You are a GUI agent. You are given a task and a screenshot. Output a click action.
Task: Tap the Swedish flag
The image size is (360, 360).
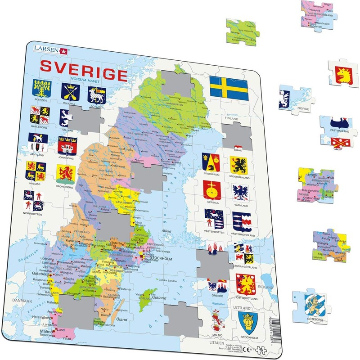229,88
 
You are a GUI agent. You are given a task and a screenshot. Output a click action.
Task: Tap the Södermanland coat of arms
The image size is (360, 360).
238,165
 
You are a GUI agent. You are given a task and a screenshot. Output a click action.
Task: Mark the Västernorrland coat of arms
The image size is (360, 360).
241,221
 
